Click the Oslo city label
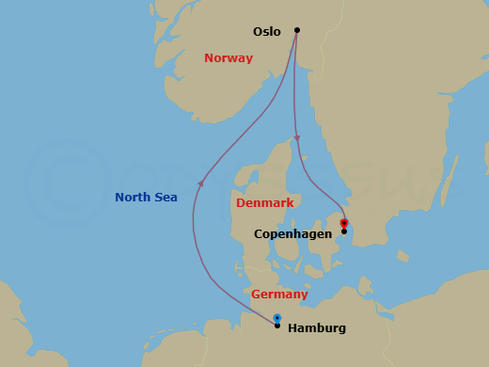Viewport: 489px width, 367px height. coord(267,32)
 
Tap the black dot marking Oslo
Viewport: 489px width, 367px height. coord(297,30)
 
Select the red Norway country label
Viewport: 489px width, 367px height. coord(229,58)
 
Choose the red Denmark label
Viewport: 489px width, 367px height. coord(264,203)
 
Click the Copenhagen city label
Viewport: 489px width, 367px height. coord(293,233)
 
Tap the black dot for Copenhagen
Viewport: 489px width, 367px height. coord(344,231)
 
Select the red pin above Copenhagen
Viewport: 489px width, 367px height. coord(344,223)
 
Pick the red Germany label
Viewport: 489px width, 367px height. coord(279,295)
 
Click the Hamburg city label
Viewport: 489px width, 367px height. coord(317,328)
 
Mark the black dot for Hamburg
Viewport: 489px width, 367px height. coord(276,326)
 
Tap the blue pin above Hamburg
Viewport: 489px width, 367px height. coord(276,318)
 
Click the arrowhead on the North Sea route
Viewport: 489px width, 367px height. coord(199,183)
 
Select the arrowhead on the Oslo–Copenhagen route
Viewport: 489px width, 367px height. coord(296,139)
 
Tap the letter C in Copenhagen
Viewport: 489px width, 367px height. coord(259,233)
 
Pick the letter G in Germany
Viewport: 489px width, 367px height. coord(255,295)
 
